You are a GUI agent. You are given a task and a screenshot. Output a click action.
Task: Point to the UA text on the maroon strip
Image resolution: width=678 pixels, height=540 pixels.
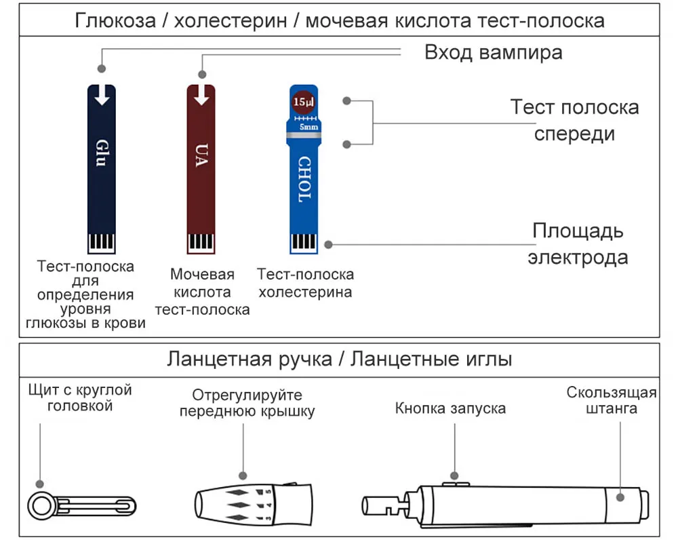[201, 151]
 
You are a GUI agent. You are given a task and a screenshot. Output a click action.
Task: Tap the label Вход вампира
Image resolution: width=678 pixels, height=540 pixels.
[493, 52]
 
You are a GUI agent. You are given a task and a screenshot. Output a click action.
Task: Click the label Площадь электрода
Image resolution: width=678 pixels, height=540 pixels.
[578, 244]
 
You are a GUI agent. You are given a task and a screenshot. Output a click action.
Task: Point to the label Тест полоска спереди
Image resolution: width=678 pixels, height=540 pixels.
[574, 120]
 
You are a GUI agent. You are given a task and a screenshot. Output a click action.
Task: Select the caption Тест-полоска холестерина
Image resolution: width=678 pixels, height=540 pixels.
[305, 284]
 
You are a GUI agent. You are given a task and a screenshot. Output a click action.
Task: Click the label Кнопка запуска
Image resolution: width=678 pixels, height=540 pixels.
[450, 408]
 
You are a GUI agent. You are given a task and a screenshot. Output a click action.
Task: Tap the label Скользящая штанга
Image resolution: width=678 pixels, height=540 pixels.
[612, 400]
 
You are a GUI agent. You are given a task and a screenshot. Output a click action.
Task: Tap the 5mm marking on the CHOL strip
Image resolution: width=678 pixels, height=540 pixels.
[308, 126]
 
